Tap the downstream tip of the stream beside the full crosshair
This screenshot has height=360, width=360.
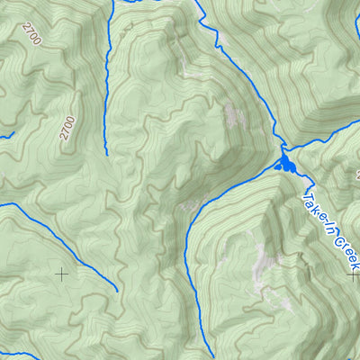pos(117,290)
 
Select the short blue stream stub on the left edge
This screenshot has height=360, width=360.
pos(5,135)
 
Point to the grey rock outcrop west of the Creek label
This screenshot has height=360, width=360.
pos(265,265)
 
